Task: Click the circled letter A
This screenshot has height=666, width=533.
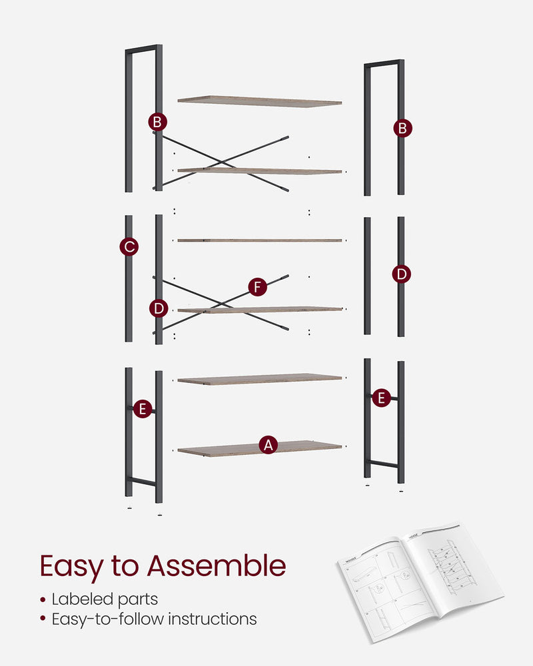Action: (268, 445)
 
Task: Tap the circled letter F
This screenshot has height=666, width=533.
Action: (257, 287)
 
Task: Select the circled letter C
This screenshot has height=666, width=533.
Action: (129, 247)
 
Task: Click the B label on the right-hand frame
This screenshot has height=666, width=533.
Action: (402, 128)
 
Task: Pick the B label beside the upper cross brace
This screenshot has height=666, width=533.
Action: (157, 122)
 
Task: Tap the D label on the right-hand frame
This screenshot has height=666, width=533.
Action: (401, 274)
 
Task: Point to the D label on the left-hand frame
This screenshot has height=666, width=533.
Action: (158, 308)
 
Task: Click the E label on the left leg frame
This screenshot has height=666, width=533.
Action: (142, 409)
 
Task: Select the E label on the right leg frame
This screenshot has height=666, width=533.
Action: (380, 398)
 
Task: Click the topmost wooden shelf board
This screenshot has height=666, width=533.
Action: (259, 101)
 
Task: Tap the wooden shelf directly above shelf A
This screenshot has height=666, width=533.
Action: (259, 379)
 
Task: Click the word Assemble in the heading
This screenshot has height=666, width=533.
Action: (216, 566)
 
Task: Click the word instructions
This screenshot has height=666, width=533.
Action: (213, 619)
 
